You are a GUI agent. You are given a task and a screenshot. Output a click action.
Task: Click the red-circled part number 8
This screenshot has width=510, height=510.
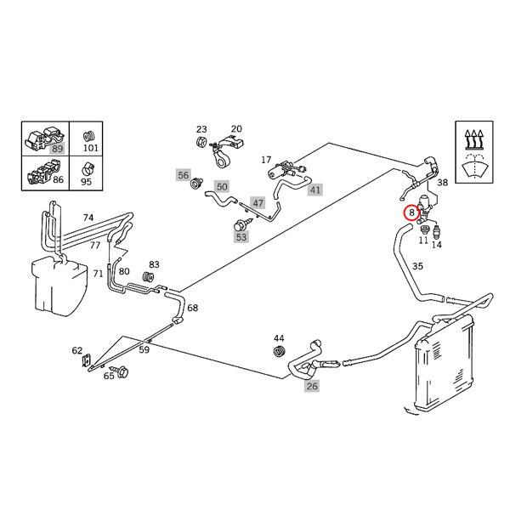coord(411,212)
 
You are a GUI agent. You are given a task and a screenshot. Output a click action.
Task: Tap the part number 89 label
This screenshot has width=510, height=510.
coord(58,149)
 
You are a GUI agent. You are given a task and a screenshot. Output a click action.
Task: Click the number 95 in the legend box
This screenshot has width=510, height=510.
coord(88,181)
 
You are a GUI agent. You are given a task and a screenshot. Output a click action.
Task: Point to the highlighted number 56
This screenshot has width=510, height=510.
coord(183,175)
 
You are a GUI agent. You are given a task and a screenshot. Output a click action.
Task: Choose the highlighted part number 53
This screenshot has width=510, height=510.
coord(241,237)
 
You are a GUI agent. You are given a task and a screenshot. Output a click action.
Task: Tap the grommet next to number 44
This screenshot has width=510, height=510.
coord(278,352)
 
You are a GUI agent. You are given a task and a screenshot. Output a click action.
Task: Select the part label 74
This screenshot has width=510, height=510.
coord(88,218)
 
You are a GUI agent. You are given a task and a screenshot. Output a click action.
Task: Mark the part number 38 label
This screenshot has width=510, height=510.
coord(442,183)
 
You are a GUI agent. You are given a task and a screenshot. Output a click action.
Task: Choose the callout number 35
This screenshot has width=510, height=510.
coord(417,266)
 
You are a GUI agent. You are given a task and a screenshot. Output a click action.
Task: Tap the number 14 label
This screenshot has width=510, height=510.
coord(437,245)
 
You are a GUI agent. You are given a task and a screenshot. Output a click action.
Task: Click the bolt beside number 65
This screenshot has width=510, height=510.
coord(119,371)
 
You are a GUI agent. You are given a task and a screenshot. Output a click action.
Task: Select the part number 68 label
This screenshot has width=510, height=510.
coord(192,308)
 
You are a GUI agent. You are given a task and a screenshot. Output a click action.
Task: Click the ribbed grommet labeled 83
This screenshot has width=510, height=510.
coord(146,279)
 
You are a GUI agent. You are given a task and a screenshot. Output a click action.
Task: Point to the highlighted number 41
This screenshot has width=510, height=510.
coord(315,190)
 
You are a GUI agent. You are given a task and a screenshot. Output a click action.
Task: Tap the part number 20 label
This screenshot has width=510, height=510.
coord(236,128)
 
